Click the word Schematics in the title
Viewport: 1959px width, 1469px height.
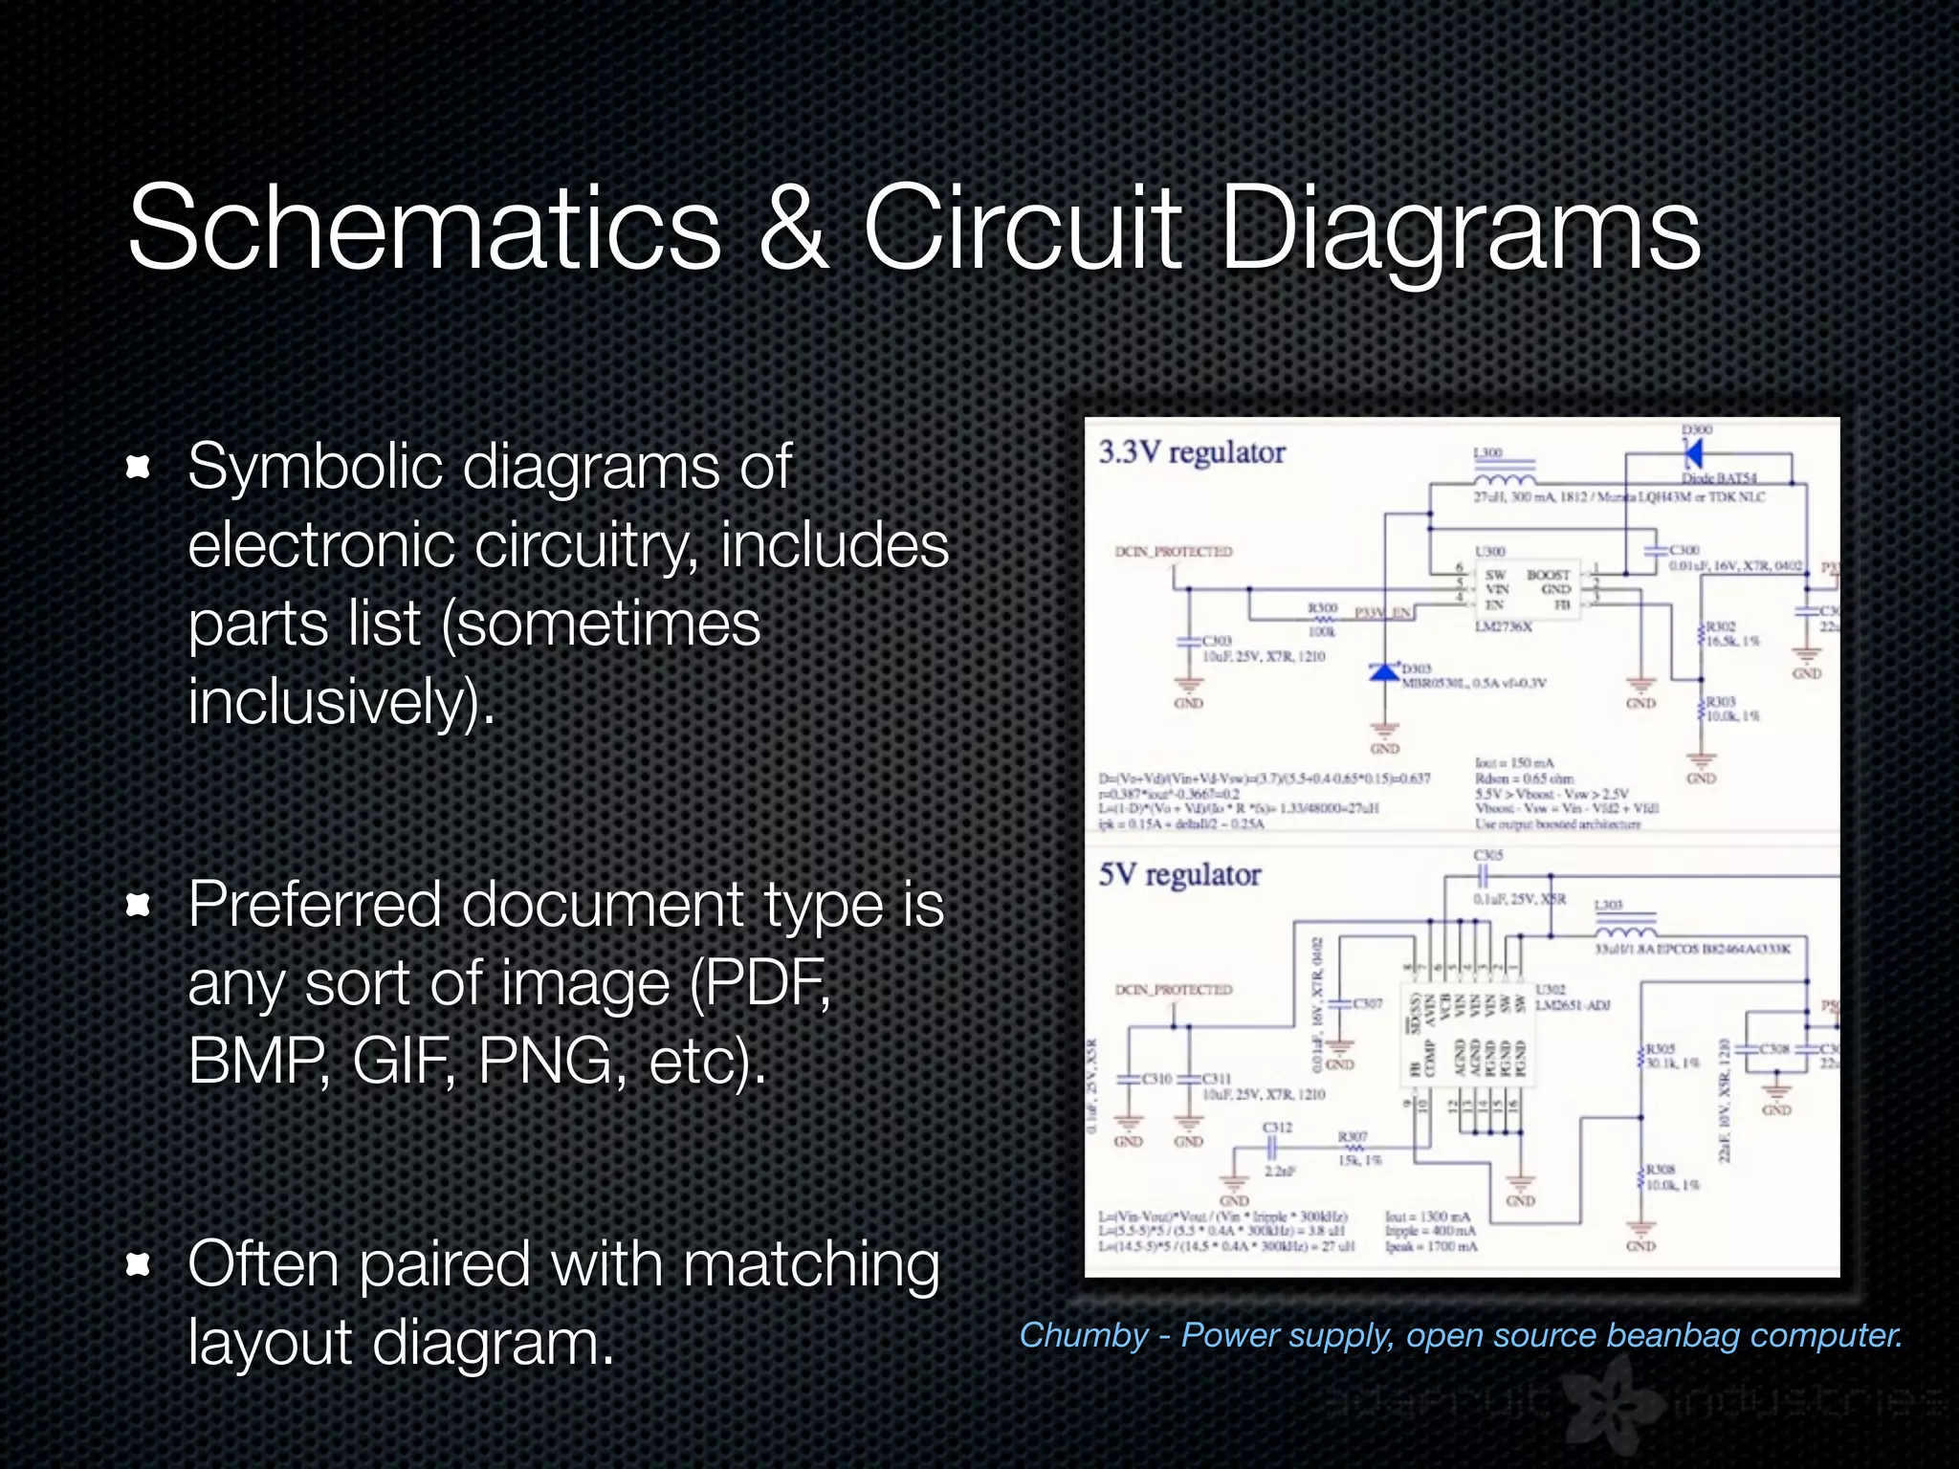coord(424,230)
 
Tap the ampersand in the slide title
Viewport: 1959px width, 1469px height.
coord(793,230)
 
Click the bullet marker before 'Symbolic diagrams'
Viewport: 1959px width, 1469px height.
coord(139,467)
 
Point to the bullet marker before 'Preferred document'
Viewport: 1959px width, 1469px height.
coord(139,905)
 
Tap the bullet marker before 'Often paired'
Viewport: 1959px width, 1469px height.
coord(139,1265)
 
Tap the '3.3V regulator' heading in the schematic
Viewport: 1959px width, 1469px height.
coord(1191,452)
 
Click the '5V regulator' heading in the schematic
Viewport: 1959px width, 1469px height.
coord(1179,874)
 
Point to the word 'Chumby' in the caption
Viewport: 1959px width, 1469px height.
coord(1083,1335)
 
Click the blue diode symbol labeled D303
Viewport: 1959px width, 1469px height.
coord(1384,671)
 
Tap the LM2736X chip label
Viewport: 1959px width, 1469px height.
coord(1503,626)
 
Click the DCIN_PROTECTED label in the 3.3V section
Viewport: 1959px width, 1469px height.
coord(1174,552)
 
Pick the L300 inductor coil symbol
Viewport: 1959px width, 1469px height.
coord(1504,478)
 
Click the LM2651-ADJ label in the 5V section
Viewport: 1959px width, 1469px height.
coord(1573,1005)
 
